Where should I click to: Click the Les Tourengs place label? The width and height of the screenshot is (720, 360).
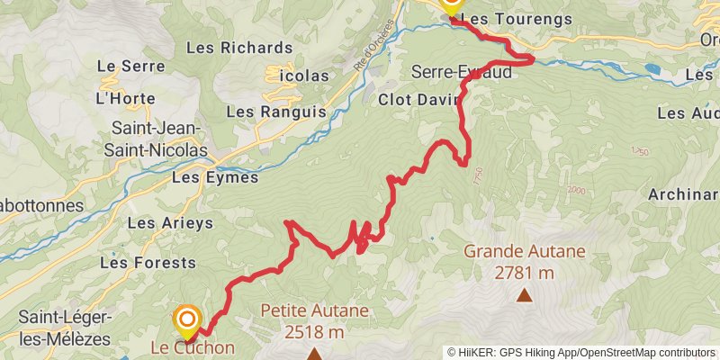point(505,17)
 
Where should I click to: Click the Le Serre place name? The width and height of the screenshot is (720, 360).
point(130,66)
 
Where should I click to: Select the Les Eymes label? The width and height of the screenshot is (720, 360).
point(214,177)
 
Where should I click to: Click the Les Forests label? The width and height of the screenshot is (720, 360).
point(148,263)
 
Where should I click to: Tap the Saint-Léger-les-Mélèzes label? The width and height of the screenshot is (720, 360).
point(64,328)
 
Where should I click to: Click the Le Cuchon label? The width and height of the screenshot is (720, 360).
point(193,348)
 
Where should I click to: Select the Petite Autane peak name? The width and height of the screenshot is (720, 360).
point(315,311)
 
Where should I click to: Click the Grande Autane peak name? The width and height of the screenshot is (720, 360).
point(525,251)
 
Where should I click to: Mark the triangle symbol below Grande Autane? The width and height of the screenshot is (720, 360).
point(524,293)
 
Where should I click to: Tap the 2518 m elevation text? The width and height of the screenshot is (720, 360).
point(314,332)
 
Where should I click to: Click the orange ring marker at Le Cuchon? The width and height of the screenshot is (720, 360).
point(187,318)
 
